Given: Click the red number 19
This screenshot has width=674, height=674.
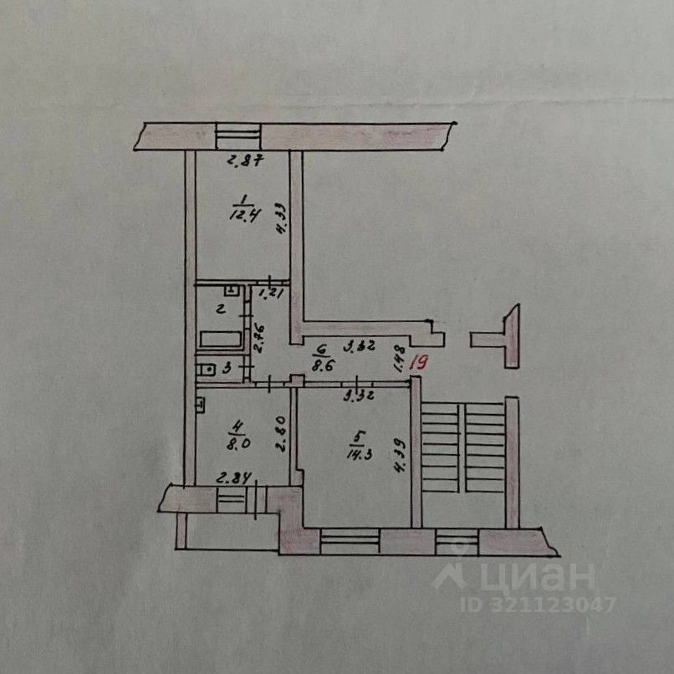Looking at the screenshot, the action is point(421,364).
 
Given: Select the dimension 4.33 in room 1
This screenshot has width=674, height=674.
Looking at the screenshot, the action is point(282,223).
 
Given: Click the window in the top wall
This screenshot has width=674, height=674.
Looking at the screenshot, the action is point(238,136).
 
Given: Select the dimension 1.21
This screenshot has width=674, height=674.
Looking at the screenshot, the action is point(272,294).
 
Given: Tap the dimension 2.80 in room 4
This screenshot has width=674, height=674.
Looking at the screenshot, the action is point(282,434).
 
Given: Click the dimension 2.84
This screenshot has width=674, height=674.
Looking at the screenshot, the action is point(234,478).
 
